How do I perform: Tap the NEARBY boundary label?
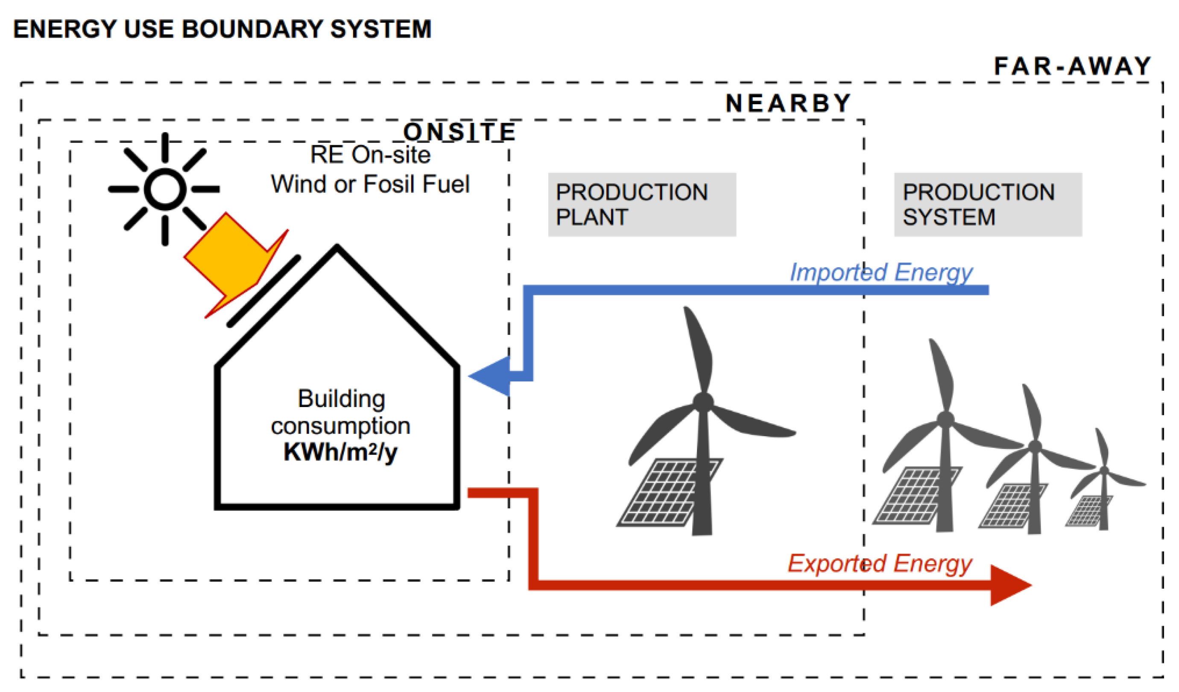pos(788,103)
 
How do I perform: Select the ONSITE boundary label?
pos(459,132)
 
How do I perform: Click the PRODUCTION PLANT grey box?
pos(642,205)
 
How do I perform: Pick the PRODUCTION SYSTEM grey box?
pos(988,205)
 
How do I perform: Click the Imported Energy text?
pos(881,272)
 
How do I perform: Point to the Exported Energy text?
pos(880,563)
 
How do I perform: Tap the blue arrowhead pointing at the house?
pos(489,376)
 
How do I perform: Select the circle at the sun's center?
pos(165,189)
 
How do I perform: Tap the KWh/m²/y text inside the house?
pos(340,452)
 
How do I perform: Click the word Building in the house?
pos(342,399)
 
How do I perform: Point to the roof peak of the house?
pos(337,248)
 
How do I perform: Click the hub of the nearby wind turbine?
pos(703,402)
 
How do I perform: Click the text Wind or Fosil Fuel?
pos(370,184)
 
